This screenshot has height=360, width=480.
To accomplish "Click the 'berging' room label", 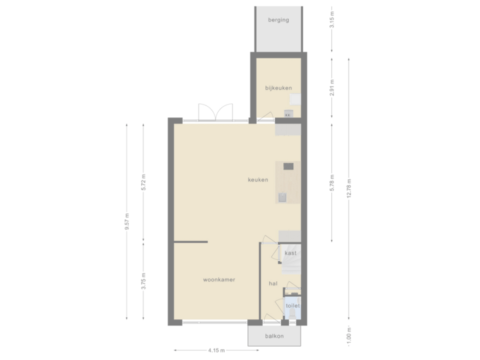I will tap(278, 20).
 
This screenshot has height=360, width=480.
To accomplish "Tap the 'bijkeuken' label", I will tap(278, 88).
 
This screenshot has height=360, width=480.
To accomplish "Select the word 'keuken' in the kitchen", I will tap(258, 180).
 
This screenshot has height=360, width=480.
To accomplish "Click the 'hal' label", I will tap(273, 283).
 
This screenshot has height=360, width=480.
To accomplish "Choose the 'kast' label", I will tap(291, 253).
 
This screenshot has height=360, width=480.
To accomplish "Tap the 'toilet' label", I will tap(293, 306).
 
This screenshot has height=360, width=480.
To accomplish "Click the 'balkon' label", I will tap(273, 336).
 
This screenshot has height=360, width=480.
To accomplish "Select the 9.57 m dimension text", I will tap(127, 222).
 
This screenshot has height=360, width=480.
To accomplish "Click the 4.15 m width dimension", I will tap(216, 350).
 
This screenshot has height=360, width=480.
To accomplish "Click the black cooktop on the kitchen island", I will tap(288, 167).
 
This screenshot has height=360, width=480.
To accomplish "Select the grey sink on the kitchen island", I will tap(283, 197).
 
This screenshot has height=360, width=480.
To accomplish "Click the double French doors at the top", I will tap(215, 112).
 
